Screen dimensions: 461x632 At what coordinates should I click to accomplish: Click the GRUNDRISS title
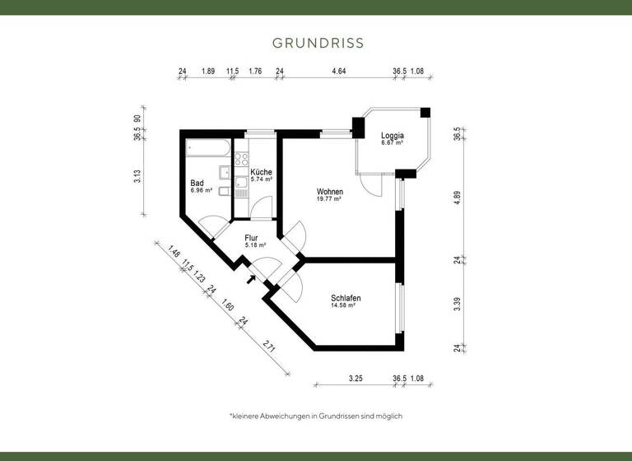[x=317, y=42]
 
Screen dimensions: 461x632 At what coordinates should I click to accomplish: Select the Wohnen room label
[x=329, y=191]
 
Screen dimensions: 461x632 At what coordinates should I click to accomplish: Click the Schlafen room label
[x=346, y=298]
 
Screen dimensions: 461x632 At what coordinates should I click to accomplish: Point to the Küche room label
[x=262, y=171]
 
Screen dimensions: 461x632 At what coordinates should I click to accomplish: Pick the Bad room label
[x=197, y=183]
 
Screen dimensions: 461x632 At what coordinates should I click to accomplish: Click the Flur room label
[x=252, y=237]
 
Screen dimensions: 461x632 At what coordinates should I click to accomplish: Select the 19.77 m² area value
[x=329, y=198]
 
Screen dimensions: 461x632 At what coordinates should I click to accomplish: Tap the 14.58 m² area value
[x=343, y=305]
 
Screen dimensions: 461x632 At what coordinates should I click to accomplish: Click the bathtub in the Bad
[x=208, y=150]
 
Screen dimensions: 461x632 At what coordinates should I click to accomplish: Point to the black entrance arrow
[x=249, y=278]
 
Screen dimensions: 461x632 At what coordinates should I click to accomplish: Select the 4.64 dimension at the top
[x=338, y=72]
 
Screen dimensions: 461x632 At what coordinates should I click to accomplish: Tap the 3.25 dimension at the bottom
[x=355, y=380]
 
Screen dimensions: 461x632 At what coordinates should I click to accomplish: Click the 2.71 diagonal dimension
[x=268, y=346]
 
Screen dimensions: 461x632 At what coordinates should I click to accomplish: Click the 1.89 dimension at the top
[x=208, y=72]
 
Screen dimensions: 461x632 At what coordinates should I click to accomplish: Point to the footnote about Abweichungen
[x=316, y=416]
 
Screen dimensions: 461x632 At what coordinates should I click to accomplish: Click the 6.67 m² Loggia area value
[x=392, y=142]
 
